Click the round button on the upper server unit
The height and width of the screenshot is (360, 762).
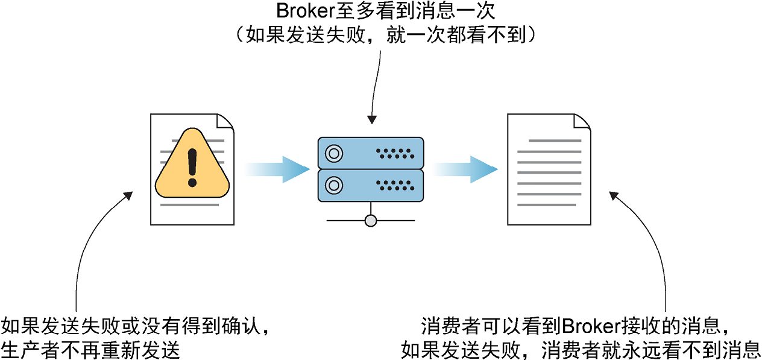(x=333, y=151)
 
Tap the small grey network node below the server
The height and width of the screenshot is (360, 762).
(x=371, y=221)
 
